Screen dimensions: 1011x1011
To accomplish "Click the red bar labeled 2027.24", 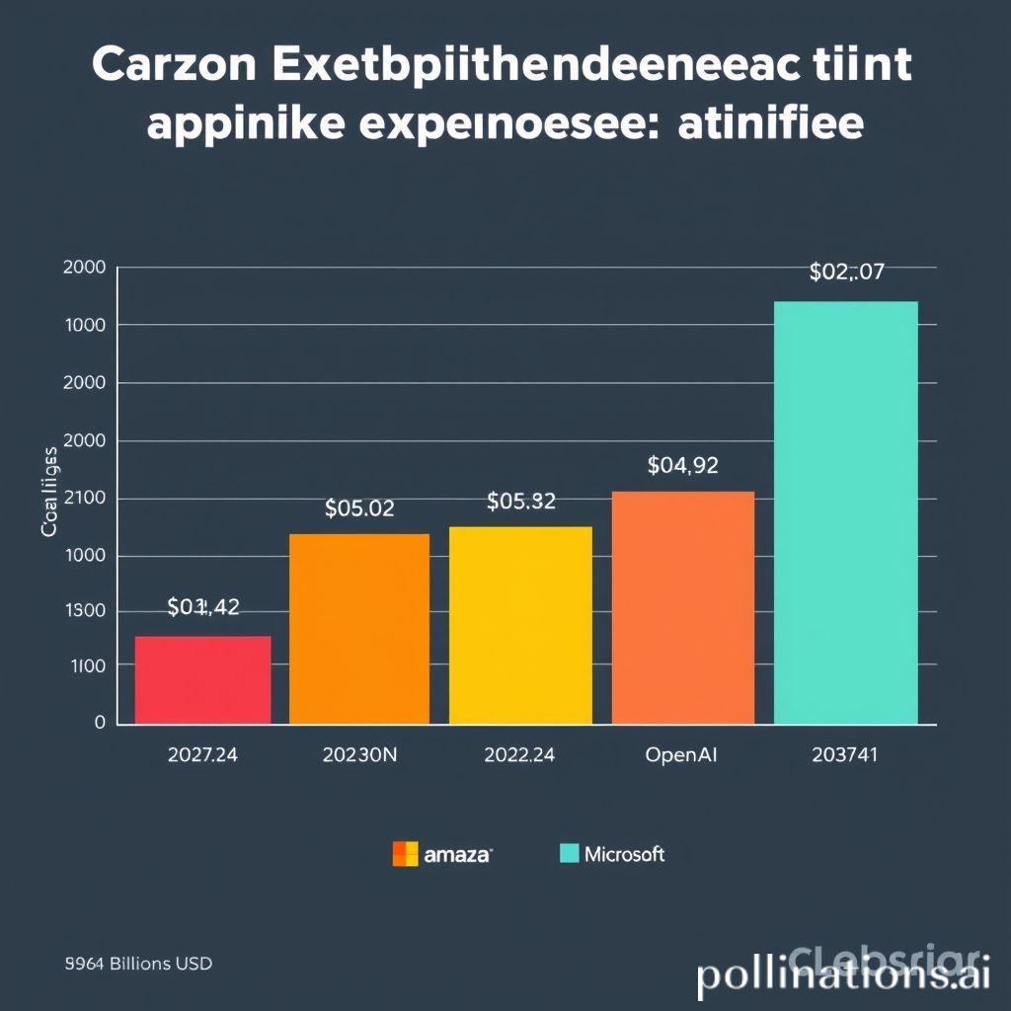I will coord(202,680).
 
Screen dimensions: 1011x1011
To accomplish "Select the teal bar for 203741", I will coord(846,512).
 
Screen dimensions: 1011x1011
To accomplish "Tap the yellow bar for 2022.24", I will coord(520,625).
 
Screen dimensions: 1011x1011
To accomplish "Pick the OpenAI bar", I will coord(683,607).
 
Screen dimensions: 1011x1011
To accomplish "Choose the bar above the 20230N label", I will coord(359,629).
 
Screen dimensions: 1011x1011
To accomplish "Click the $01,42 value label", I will coord(203,607).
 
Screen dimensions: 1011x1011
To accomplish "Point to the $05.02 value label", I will coord(359,508).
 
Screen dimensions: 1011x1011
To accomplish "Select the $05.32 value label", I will coord(521,502).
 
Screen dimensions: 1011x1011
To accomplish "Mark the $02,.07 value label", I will coord(846,272).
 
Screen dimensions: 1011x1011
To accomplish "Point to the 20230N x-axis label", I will coord(359,756).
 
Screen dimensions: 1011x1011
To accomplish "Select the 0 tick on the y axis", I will coord(99,723).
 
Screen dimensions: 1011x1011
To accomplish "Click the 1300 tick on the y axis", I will coord(86,611).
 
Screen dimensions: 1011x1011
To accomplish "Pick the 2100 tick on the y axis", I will coord(85,499).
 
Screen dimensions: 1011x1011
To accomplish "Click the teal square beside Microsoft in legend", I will coord(569,853).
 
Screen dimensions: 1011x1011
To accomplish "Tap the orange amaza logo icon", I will coord(405,854).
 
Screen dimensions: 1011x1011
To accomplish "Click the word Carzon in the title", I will coord(175,65).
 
